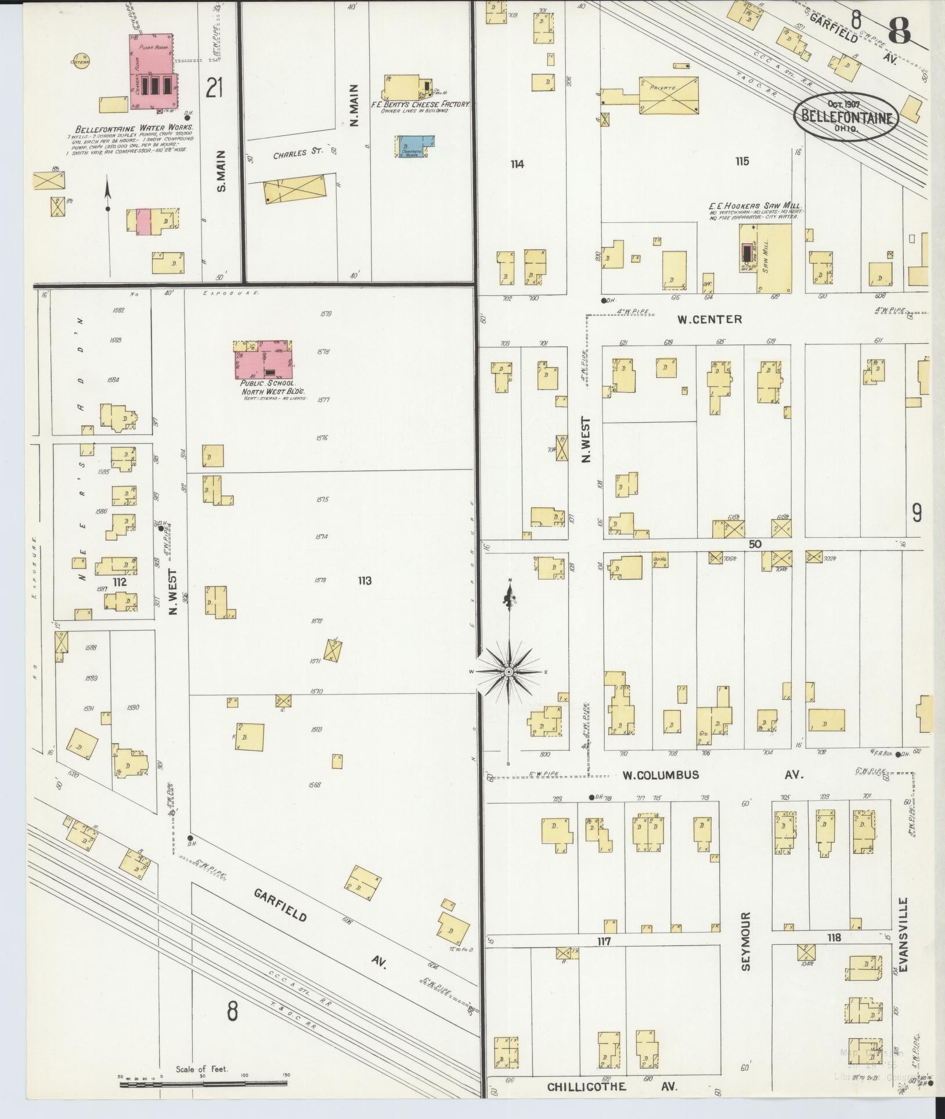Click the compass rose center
(x=509, y=671)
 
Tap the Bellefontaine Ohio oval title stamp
(x=846, y=116)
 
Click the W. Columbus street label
(x=660, y=775)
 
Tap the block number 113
(x=365, y=580)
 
